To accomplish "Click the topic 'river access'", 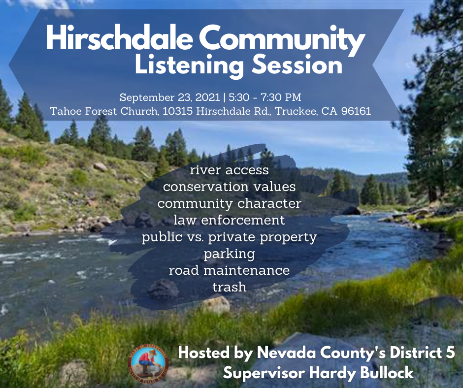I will click(x=229, y=170).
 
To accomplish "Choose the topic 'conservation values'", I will click(x=229, y=187).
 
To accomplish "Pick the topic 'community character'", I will click(x=229, y=203).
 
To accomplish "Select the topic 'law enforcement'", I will click(x=229, y=220).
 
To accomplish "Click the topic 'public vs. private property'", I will click(x=229, y=237).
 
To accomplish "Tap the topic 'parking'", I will click(x=229, y=254).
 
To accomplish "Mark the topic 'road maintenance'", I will click(x=229, y=270).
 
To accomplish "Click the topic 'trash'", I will click(x=229, y=287).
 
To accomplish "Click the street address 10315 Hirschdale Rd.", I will click(x=215, y=112).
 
